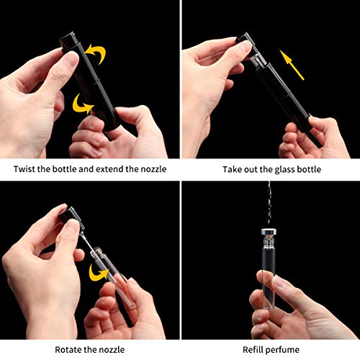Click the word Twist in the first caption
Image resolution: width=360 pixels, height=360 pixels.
(27, 170)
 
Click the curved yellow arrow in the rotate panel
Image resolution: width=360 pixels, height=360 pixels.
(98, 274)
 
